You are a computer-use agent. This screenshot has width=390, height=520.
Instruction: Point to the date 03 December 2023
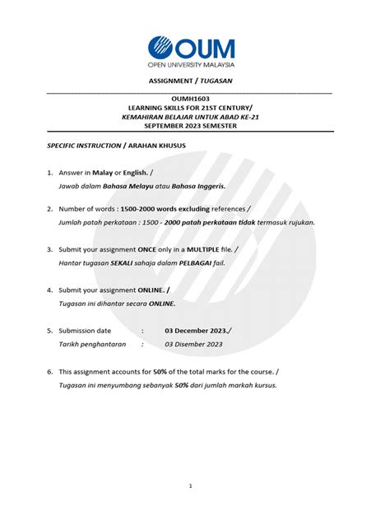[195, 330]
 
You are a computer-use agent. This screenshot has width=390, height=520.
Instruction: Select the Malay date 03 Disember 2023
[194, 345]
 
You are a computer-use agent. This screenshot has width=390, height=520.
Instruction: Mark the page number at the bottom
[190, 485]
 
